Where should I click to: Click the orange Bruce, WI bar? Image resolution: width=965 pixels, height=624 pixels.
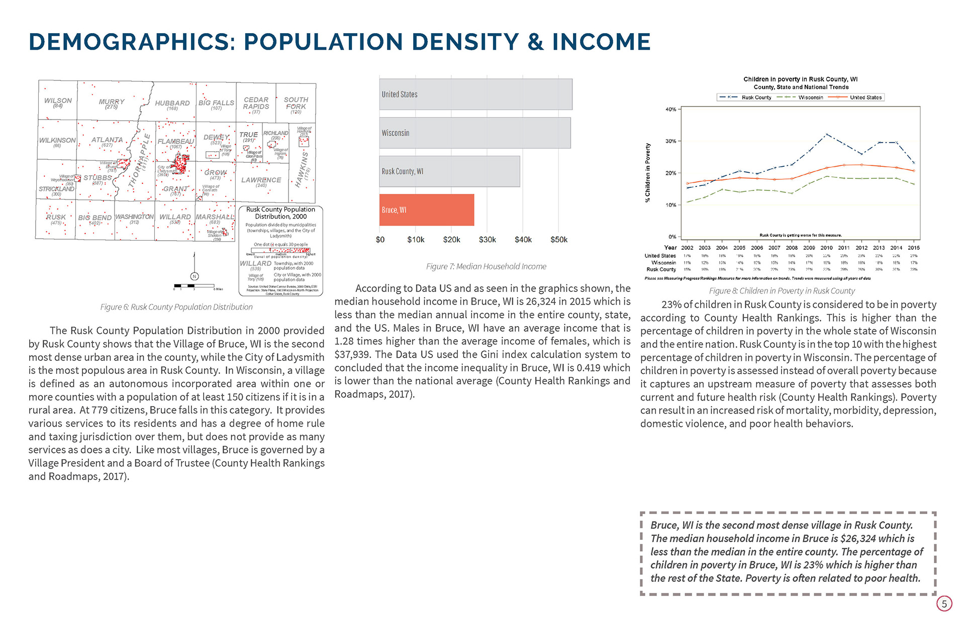427,210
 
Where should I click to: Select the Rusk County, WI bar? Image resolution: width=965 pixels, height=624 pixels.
449,171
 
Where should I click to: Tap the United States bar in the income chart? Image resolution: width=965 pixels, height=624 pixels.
475,94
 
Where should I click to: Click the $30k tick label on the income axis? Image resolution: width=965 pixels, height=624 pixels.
487,240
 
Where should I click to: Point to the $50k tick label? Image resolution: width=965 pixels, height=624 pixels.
558,240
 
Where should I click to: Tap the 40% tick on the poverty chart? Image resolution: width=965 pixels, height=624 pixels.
671,109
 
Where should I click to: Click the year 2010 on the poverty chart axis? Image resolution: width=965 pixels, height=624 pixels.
826,248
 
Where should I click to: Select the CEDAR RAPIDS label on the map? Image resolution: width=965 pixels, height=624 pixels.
256,103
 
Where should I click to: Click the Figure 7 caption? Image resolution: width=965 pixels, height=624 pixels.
486,266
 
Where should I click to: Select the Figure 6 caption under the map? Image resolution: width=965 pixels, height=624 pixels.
176,307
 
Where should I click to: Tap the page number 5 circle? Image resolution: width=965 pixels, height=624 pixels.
944,603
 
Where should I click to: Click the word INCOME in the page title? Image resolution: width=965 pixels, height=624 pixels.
601,42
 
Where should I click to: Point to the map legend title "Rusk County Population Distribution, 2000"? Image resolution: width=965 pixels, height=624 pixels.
280,213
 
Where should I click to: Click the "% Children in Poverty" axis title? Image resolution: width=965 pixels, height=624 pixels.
648,172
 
